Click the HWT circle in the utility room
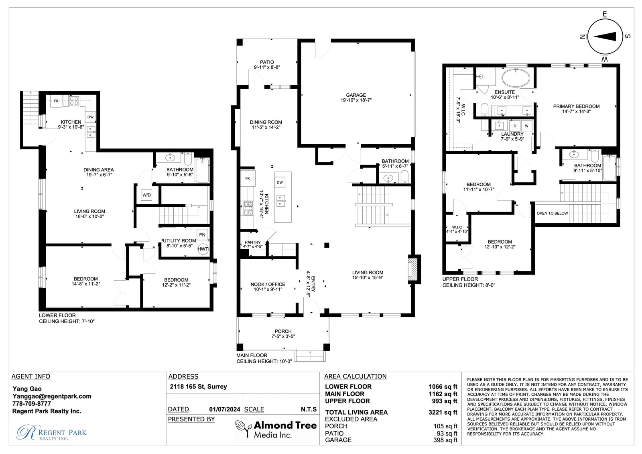(x=203, y=249)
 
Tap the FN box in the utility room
(x=202, y=234)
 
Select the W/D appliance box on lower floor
(x=146, y=195)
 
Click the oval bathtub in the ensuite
(x=516, y=78)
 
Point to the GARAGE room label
(x=356, y=95)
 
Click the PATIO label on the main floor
(x=267, y=62)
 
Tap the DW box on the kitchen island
(x=280, y=182)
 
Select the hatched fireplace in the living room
(x=412, y=269)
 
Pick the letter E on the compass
(x=605, y=14)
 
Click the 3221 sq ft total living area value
(x=443, y=412)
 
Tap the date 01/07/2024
(x=225, y=409)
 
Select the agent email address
(x=52, y=396)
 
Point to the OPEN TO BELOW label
(x=552, y=214)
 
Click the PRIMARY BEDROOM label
(x=576, y=106)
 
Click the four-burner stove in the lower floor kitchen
(x=74, y=101)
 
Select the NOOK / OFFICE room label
(x=268, y=284)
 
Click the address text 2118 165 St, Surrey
(x=198, y=387)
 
